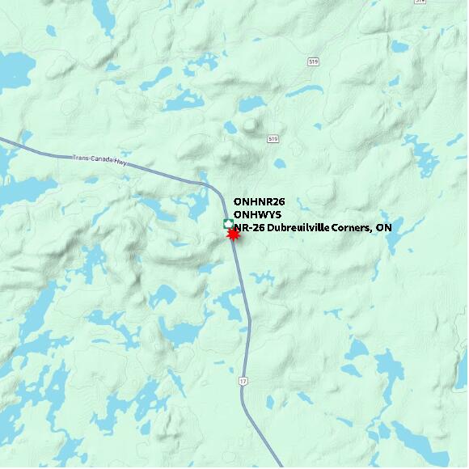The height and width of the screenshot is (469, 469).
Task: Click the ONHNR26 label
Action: (x=259, y=201)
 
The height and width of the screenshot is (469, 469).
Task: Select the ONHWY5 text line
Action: (x=257, y=214)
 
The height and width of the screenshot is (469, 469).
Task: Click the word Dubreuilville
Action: (x=298, y=228)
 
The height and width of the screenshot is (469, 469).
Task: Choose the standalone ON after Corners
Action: (x=384, y=228)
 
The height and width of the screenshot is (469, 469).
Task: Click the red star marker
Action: (x=233, y=234)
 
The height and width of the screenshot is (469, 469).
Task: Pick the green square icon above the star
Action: (x=229, y=224)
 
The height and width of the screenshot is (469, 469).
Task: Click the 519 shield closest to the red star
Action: (x=273, y=139)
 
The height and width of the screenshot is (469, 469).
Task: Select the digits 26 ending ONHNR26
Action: (x=279, y=201)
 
